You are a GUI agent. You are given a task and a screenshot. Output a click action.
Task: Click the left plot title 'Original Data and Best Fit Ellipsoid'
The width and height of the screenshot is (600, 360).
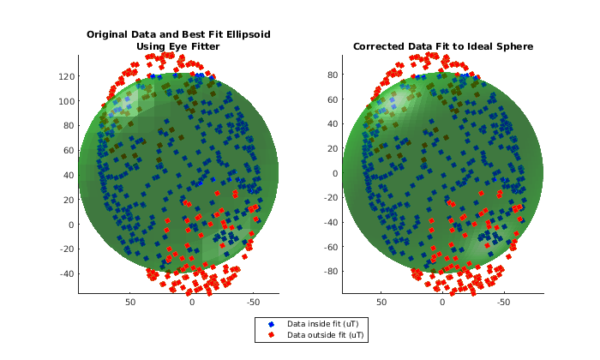177,35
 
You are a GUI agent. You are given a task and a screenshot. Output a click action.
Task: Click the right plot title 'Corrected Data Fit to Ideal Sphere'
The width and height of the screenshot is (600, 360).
442,46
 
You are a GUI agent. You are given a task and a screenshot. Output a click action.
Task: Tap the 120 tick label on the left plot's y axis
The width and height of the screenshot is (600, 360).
67,76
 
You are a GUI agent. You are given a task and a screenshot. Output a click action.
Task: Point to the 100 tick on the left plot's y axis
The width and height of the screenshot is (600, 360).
67,101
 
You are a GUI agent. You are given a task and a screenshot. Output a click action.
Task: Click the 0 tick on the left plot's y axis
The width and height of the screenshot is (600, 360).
72,225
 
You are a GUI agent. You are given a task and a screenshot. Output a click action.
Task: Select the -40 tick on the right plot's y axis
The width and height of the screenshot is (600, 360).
330,222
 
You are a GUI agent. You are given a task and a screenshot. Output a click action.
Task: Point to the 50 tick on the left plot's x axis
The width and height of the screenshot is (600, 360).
130,303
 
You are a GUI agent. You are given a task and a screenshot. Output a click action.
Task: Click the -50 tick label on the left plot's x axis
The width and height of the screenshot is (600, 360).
253,303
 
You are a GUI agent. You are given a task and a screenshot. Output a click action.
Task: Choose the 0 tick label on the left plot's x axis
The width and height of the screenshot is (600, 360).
192,303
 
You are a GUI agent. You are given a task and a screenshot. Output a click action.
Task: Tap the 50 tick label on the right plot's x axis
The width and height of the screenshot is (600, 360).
381,303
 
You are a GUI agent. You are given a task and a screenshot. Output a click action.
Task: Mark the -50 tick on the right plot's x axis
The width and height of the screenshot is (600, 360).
503,303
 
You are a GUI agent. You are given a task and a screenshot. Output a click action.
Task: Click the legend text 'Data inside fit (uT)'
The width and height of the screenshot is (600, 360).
326,324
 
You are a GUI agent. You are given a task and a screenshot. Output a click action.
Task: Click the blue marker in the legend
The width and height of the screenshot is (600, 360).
272,324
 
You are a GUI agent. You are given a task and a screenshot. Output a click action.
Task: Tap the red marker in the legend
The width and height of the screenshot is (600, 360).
272,335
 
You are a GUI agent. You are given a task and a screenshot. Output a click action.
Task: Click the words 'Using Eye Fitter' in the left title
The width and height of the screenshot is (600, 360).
177,46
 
